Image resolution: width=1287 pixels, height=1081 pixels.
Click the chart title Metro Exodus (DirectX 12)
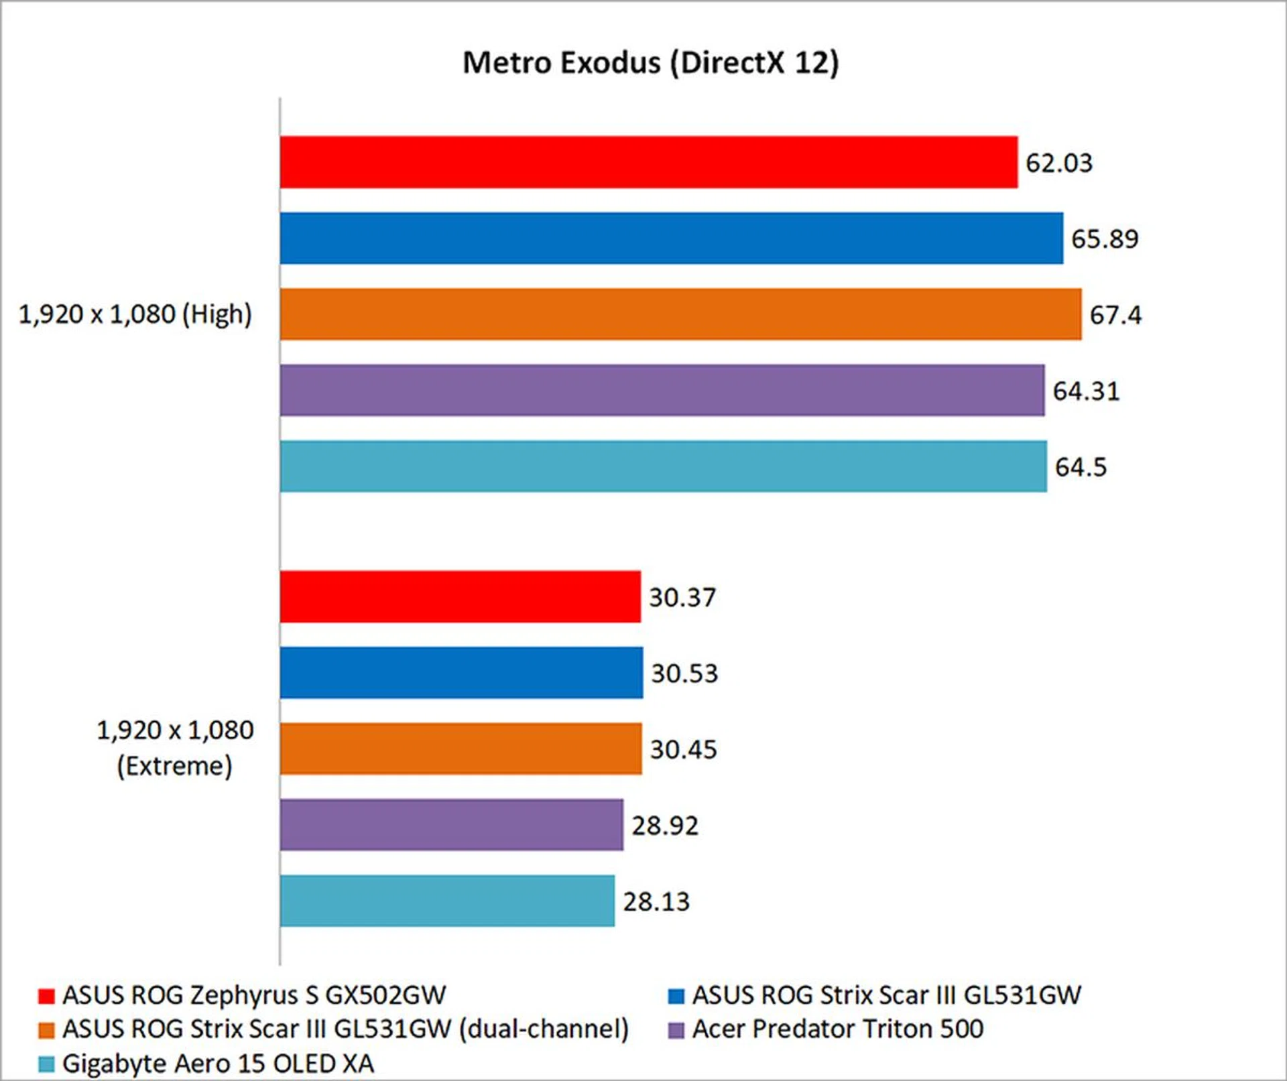pyautogui.click(x=650, y=63)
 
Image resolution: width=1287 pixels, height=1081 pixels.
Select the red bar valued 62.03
pyautogui.click(x=648, y=162)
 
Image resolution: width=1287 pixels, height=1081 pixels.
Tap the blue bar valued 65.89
pyautogui.click(x=671, y=239)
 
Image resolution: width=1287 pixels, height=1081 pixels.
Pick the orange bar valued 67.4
pyautogui.click(x=680, y=314)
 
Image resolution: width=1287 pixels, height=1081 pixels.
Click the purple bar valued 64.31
pyautogui.click(x=662, y=390)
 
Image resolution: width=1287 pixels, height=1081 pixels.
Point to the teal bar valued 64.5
pyautogui.click(x=663, y=466)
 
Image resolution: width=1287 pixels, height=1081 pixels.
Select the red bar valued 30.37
pyautogui.click(x=460, y=596)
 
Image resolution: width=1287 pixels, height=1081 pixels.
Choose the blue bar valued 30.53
pyautogui.click(x=461, y=673)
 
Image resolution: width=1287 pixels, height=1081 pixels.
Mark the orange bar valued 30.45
pyautogui.click(x=461, y=749)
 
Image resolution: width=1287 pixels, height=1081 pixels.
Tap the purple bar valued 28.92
pyautogui.click(x=451, y=825)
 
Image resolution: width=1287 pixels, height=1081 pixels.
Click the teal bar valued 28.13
pyautogui.click(x=447, y=901)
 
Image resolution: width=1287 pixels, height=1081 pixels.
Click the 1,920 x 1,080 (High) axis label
pyautogui.click(x=135, y=314)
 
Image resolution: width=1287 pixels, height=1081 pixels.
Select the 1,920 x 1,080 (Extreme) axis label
pyautogui.click(x=175, y=748)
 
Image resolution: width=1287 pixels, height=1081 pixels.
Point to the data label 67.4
pyautogui.click(x=1115, y=315)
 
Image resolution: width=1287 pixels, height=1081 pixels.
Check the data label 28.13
pyautogui.click(x=656, y=902)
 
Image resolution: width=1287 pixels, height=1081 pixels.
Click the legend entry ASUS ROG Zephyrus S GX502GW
pyautogui.click(x=253, y=995)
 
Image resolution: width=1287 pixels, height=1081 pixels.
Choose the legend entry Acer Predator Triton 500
pyautogui.click(x=837, y=1029)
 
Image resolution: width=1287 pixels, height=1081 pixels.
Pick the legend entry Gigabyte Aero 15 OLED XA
pyautogui.click(x=218, y=1064)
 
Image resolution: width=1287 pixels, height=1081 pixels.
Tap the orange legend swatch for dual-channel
pyautogui.click(x=46, y=1030)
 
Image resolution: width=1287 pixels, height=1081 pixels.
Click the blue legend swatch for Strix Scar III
pyautogui.click(x=676, y=996)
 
